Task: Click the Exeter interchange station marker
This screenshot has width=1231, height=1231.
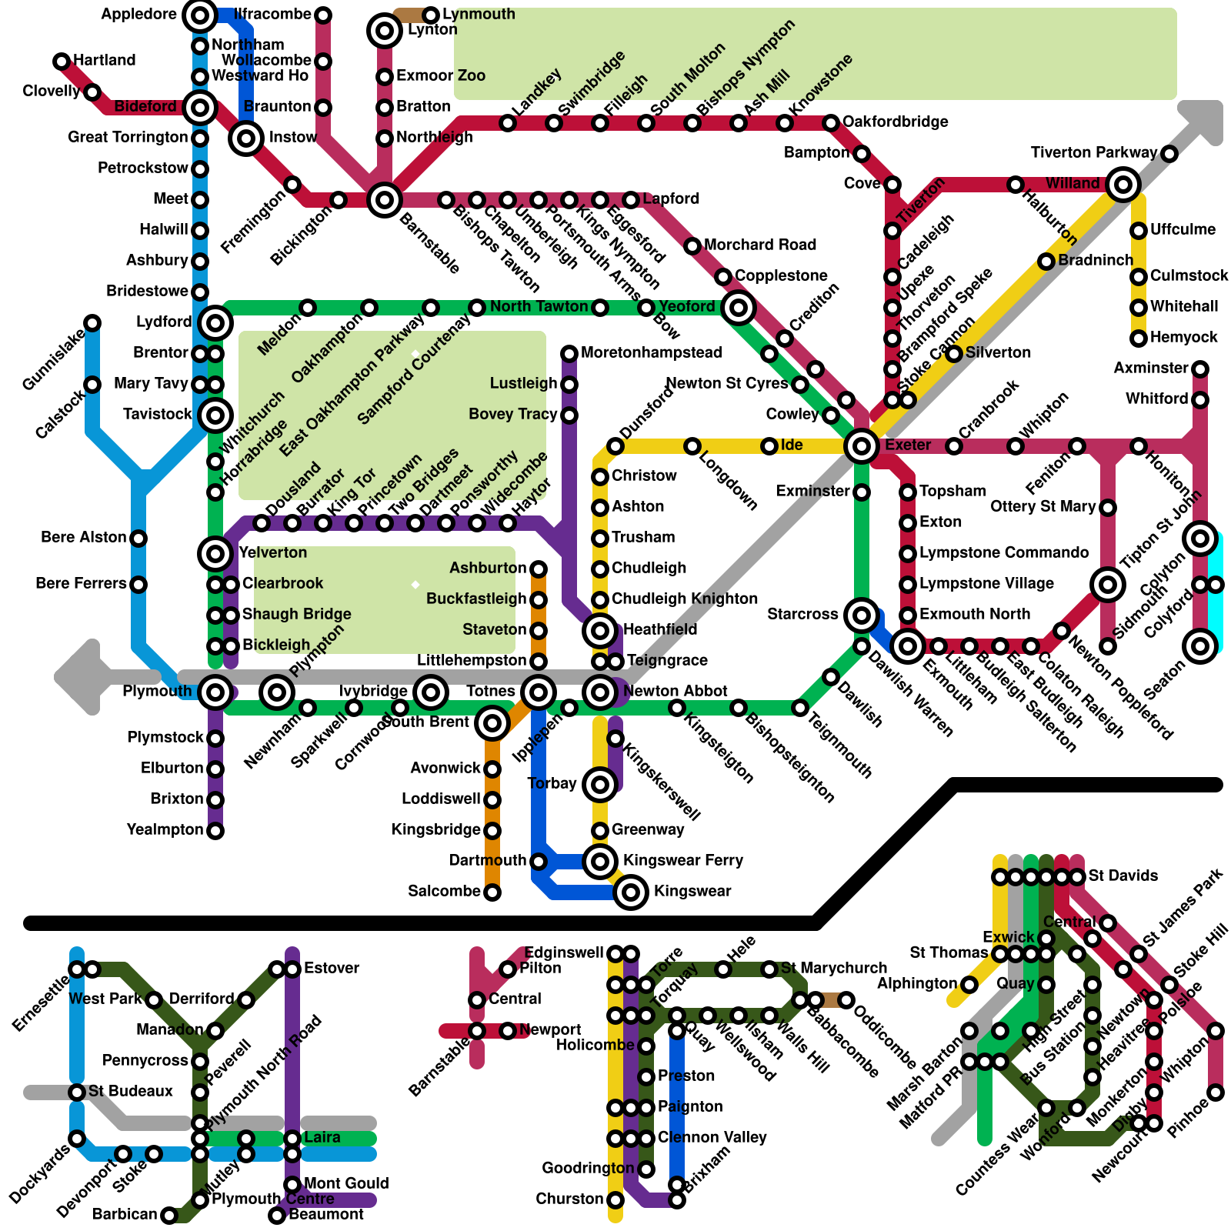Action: pos(862,445)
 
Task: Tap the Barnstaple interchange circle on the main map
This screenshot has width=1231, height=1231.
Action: pos(385,200)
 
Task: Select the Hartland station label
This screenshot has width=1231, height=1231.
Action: pos(104,60)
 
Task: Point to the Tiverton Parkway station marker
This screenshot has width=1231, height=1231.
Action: pos(1169,154)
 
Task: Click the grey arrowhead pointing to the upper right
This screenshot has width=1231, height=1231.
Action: pos(1204,119)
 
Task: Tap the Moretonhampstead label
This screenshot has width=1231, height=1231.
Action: pos(651,353)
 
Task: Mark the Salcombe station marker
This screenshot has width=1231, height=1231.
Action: pos(492,892)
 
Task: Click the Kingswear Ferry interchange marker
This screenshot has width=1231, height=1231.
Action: pos(600,861)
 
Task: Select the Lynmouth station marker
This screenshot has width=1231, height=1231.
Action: pos(431,15)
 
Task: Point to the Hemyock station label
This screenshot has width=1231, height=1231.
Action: pos(1183,338)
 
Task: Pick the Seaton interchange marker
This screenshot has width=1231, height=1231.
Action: pos(1200,646)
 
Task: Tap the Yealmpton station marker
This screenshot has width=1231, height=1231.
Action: pos(215,831)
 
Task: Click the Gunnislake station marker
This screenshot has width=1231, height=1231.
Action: pos(92,323)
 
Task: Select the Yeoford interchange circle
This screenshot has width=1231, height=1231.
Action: pos(739,308)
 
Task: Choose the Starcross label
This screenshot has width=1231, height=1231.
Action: pos(802,615)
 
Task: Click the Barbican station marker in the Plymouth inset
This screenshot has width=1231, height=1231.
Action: pos(169,1216)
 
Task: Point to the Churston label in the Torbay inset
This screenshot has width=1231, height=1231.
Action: pos(569,1199)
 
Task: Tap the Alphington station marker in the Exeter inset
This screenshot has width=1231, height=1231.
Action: pos(969,985)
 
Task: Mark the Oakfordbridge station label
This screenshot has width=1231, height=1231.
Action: pos(895,122)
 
